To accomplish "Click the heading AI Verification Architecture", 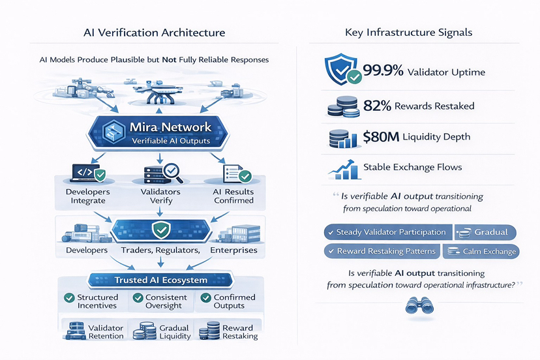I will (x=155, y=32).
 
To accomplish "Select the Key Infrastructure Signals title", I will (x=408, y=32).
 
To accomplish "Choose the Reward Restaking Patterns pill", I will (x=381, y=251).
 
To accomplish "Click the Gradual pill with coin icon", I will (x=484, y=232).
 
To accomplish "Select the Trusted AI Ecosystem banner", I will (x=160, y=280).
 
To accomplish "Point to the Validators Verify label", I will (x=160, y=196).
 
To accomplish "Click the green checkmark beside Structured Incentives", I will (x=68, y=298).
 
